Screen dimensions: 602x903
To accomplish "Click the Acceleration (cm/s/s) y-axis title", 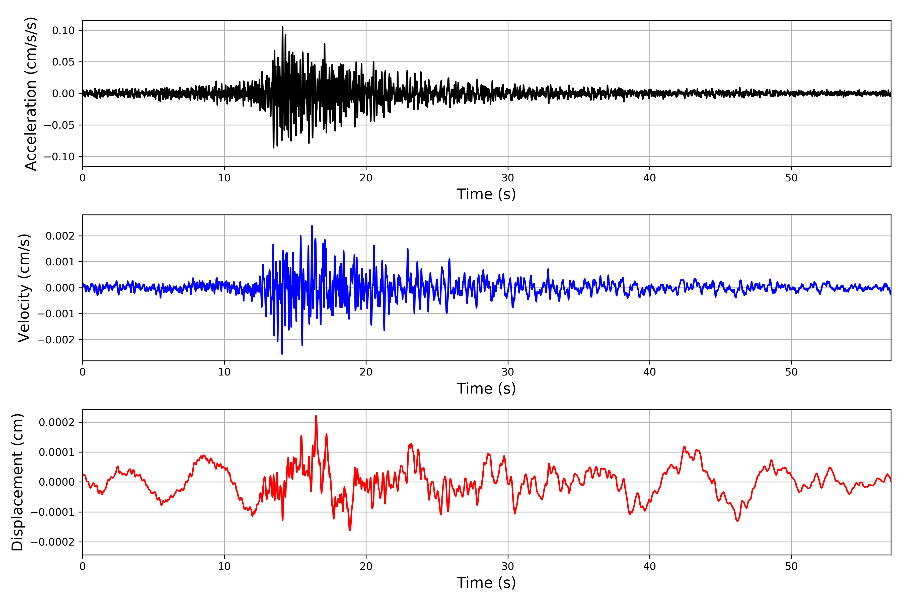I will (x=30, y=94).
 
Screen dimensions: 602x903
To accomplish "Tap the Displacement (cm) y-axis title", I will (x=17, y=482).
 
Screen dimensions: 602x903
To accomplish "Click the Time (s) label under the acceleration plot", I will (x=486, y=194).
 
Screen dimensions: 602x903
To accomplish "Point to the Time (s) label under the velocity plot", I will (x=486, y=389).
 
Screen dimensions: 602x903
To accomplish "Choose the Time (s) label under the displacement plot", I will (x=486, y=583).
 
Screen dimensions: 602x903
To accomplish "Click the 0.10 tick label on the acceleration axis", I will (x=63, y=31).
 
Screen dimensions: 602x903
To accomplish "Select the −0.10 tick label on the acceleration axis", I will (x=59, y=157).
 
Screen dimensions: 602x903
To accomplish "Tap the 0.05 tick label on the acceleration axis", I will (x=63, y=62).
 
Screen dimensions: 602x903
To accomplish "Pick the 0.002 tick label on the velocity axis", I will (x=60, y=236).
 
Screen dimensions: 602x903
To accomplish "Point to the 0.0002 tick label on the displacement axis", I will (x=56, y=423).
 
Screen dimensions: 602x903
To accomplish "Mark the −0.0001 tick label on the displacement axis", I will (x=53, y=512).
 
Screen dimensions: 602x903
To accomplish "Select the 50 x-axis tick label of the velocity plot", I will (x=791, y=372).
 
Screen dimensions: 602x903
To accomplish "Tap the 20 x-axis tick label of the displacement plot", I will (x=366, y=566).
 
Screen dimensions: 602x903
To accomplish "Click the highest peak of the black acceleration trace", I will (x=283, y=27).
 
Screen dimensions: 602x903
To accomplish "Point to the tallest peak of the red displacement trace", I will (x=316, y=416).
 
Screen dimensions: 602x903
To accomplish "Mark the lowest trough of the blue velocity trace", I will (x=282, y=354).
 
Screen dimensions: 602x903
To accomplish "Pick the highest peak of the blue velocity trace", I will (x=312, y=226).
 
